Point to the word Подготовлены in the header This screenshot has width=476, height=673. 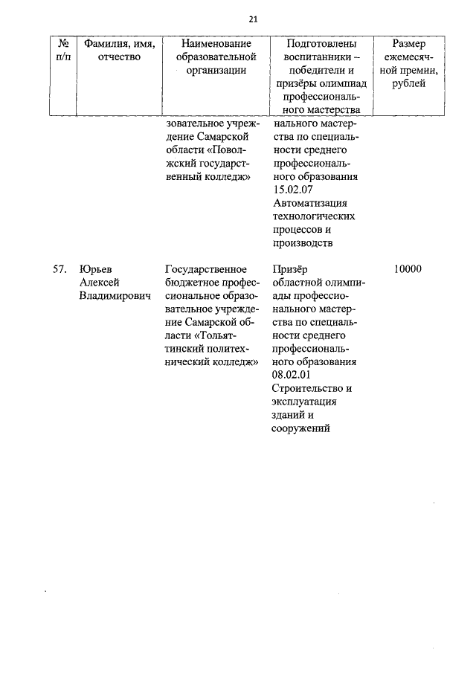(x=321, y=43)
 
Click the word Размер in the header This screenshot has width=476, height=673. (x=408, y=43)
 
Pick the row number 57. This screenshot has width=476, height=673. (x=61, y=268)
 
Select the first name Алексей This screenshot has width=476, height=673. (x=100, y=282)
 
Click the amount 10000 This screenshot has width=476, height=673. (x=408, y=268)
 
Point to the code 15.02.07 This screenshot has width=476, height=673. (x=295, y=190)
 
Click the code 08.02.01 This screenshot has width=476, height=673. (x=295, y=376)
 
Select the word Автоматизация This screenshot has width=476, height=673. (x=311, y=203)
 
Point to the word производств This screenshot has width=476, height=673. (x=303, y=243)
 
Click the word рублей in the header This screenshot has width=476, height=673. (x=408, y=83)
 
